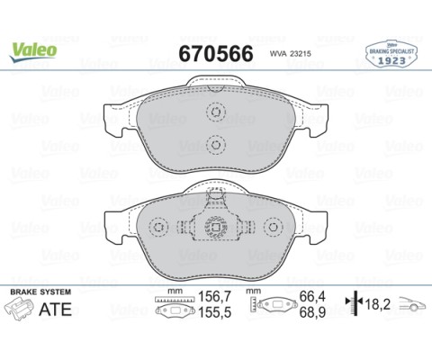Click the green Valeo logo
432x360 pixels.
click(33, 51)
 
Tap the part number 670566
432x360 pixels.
click(216, 54)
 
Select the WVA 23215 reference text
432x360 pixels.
click(291, 54)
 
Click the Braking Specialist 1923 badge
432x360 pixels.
click(391, 54)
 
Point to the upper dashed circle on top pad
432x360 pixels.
click(216, 112)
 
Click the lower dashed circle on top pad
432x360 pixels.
click(216, 145)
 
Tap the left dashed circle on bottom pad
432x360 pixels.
click(158, 227)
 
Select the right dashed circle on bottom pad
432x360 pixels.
click(274, 227)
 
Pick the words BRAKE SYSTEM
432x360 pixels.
click(40, 292)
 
